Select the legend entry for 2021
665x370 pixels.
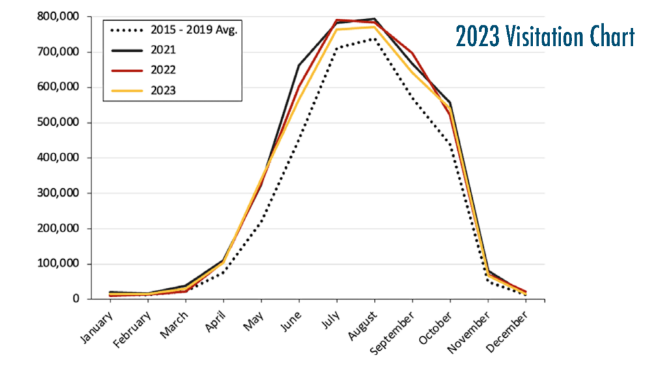[163, 49]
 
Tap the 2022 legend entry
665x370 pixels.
[163, 70]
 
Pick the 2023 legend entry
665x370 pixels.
[163, 90]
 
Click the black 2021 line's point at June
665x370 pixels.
[299, 65]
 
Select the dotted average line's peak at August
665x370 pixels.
[375, 38]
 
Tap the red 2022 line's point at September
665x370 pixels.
[412, 53]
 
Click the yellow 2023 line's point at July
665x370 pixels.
[337, 29]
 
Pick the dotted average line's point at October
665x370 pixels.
[450, 146]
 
